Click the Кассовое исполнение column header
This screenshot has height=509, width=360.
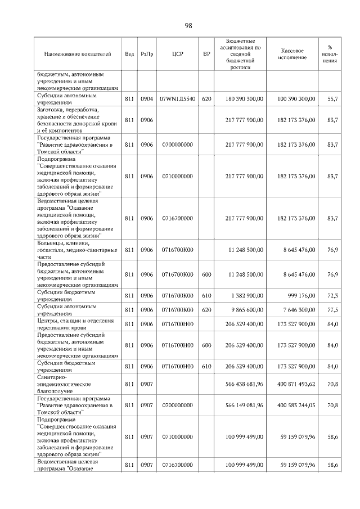click(292, 54)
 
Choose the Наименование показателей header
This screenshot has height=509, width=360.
click(78, 55)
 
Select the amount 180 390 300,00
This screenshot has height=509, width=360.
click(244, 99)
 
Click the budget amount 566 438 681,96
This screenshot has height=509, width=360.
click(244, 384)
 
